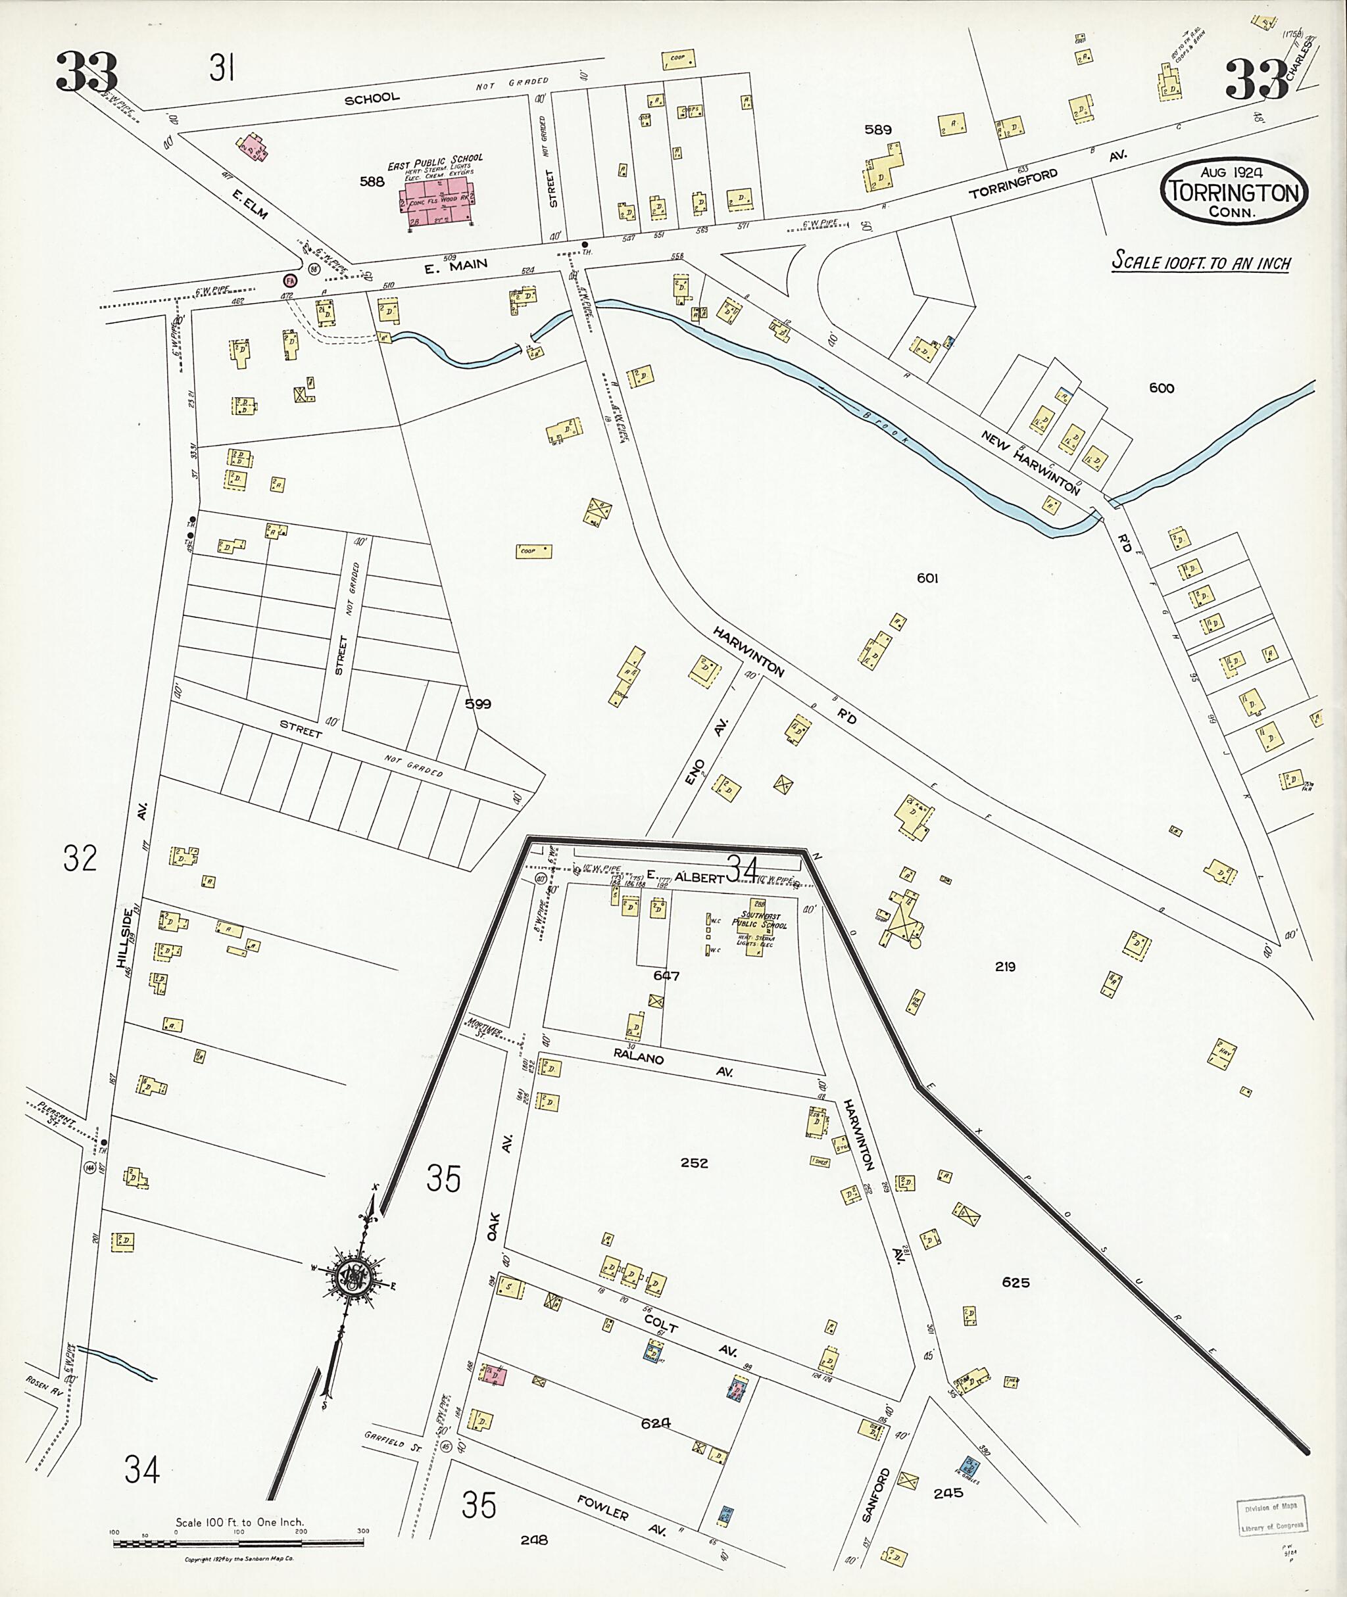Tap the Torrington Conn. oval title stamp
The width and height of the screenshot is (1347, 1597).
click(1233, 191)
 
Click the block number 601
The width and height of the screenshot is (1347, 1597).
click(927, 578)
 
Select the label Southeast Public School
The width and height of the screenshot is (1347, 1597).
click(759, 923)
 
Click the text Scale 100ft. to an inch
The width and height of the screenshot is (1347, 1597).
click(1200, 262)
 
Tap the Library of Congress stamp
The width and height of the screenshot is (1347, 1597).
click(1271, 1516)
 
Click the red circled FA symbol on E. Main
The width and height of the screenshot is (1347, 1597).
click(290, 280)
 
